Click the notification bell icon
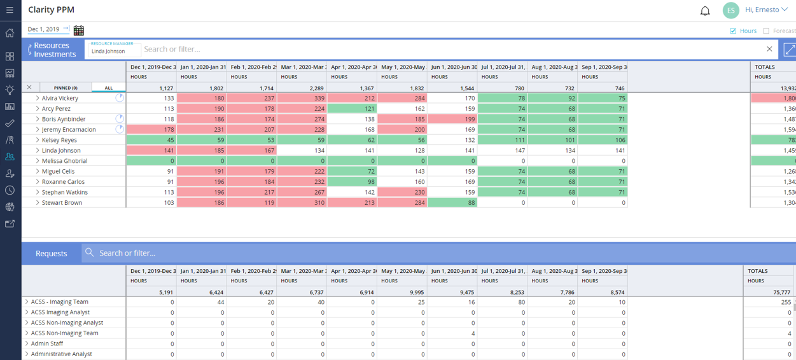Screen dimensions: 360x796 (705, 11)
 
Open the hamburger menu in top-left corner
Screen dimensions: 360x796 (10, 10)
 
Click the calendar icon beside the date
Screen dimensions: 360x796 (79, 30)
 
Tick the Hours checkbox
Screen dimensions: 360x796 (733, 31)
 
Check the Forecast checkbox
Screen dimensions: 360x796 (766, 31)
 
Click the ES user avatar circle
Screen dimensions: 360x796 (730, 10)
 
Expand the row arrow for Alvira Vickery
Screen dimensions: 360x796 (38, 99)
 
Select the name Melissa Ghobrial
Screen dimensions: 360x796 (65, 161)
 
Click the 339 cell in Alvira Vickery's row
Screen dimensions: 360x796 (302, 98)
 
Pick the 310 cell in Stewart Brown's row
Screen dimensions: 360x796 (302, 203)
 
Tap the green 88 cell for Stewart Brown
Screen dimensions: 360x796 (452, 203)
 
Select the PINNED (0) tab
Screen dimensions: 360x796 (66, 88)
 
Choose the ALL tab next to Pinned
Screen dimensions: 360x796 (109, 88)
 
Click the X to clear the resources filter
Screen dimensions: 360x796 (769, 49)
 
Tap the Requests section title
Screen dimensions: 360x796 (51, 253)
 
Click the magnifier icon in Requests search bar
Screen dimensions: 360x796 (90, 253)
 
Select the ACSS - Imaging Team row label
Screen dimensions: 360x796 (60, 302)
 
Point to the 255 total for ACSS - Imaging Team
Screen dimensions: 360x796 (785, 302)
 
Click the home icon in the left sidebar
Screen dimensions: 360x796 (10, 33)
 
